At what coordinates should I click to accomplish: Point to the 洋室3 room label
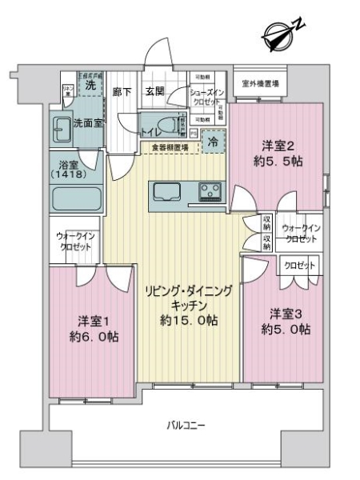[x=285, y=313]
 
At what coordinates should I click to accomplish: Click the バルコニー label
[x=185, y=425]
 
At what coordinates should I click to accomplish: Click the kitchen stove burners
[x=210, y=191]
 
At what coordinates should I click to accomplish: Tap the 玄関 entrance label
[x=154, y=92]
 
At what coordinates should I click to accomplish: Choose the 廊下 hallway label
[x=122, y=92]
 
